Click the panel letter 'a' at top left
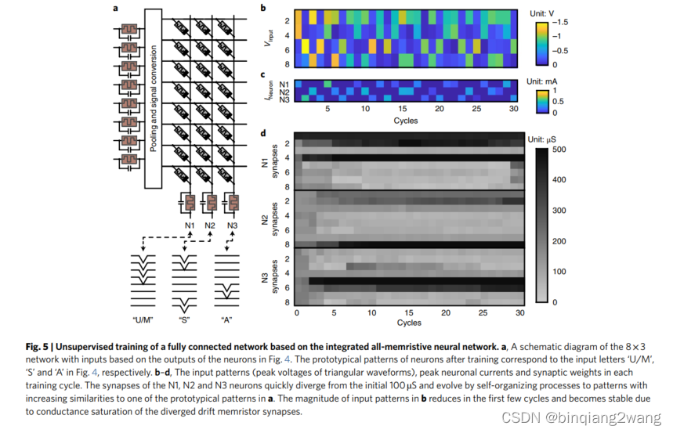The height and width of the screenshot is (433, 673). pyautogui.click(x=115, y=8)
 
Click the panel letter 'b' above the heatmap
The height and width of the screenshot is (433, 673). pyautogui.click(x=262, y=8)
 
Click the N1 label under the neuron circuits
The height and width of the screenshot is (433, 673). pyautogui.click(x=188, y=226)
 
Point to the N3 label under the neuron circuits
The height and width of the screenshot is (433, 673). pyautogui.click(x=232, y=226)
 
